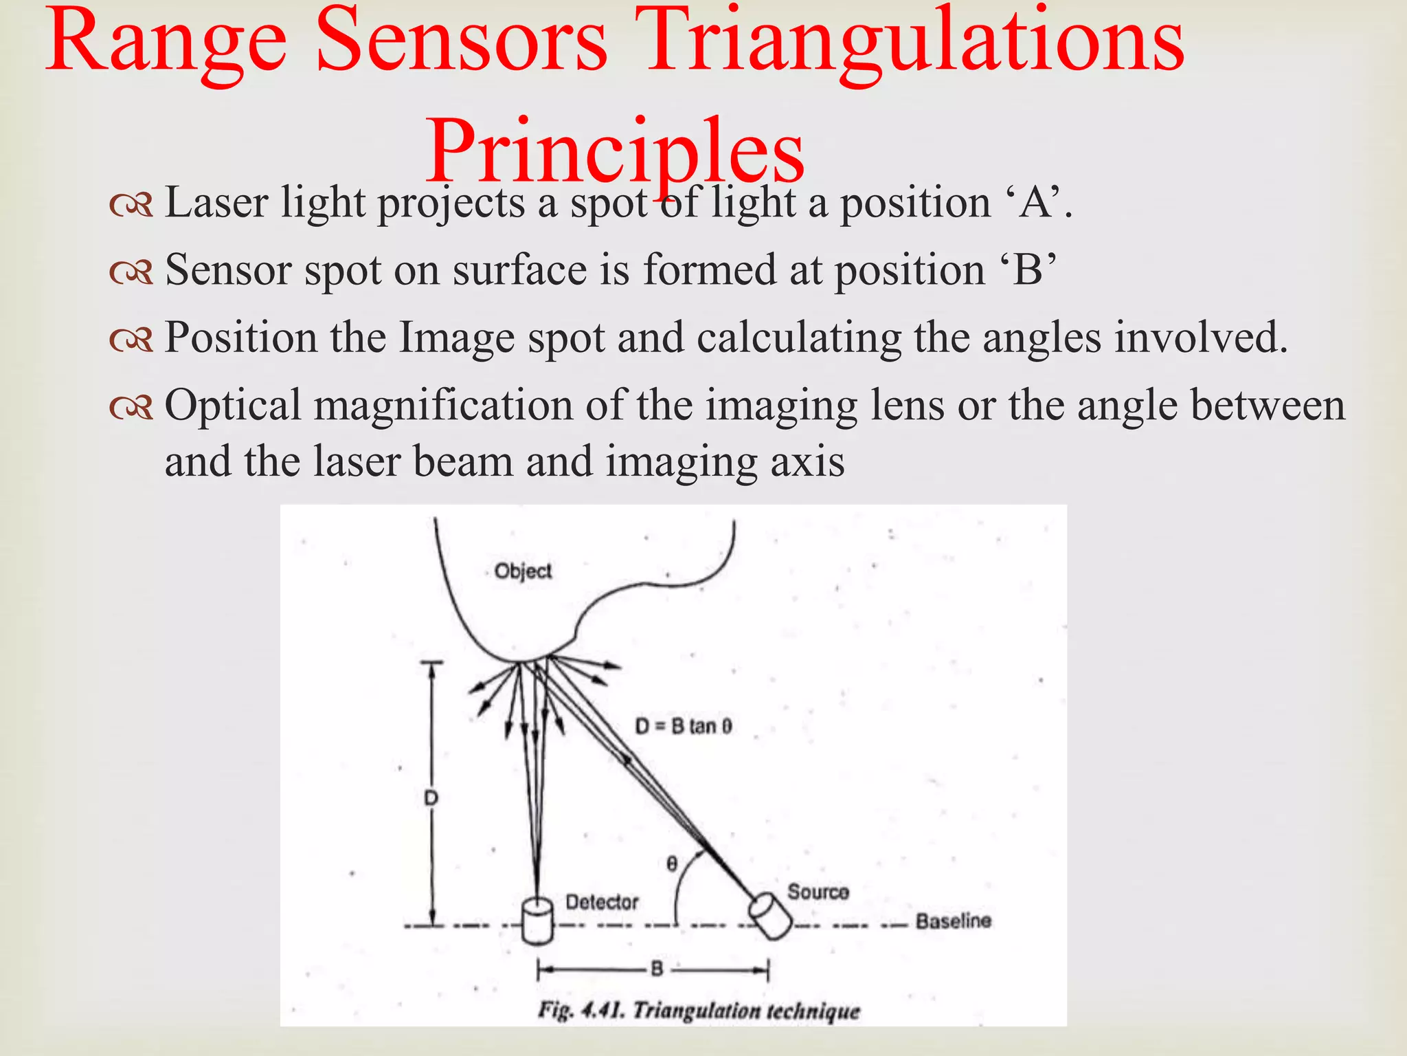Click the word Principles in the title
click(615, 153)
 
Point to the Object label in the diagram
click(523, 571)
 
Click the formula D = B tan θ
click(683, 726)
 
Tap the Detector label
click(602, 902)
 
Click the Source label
click(818, 892)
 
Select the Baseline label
click(953, 921)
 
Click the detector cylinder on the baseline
click(537, 921)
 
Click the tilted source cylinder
click(770, 916)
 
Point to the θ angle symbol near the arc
click(672, 863)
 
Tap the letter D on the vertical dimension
click(431, 798)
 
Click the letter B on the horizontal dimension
click(656, 969)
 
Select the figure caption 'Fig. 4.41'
click(698, 1011)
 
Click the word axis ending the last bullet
click(807, 461)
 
